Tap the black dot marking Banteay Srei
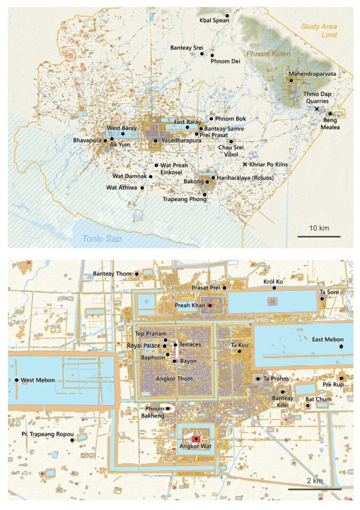(202, 53)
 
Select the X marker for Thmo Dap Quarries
(317, 108)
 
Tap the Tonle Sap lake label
(104, 240)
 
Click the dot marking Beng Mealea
(330, 113)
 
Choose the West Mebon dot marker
(17, 380)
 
